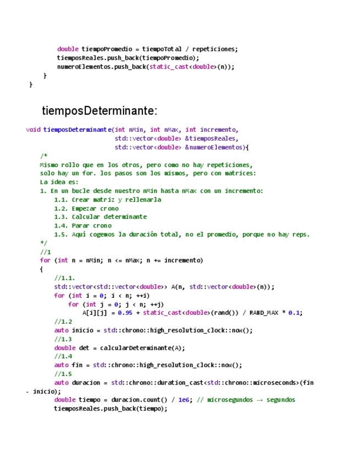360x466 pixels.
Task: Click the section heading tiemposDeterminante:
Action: pyautogui.click(x=99, y=111)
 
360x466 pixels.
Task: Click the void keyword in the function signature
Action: pyautogui.click(x=33, y=130)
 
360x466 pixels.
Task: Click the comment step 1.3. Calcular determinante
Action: pyautogui.click(x=100, y=217)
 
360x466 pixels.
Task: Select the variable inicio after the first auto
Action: pyautogui.click(x=83, y=330)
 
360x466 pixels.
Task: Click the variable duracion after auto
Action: pyautogui.click(x=86, y=382)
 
